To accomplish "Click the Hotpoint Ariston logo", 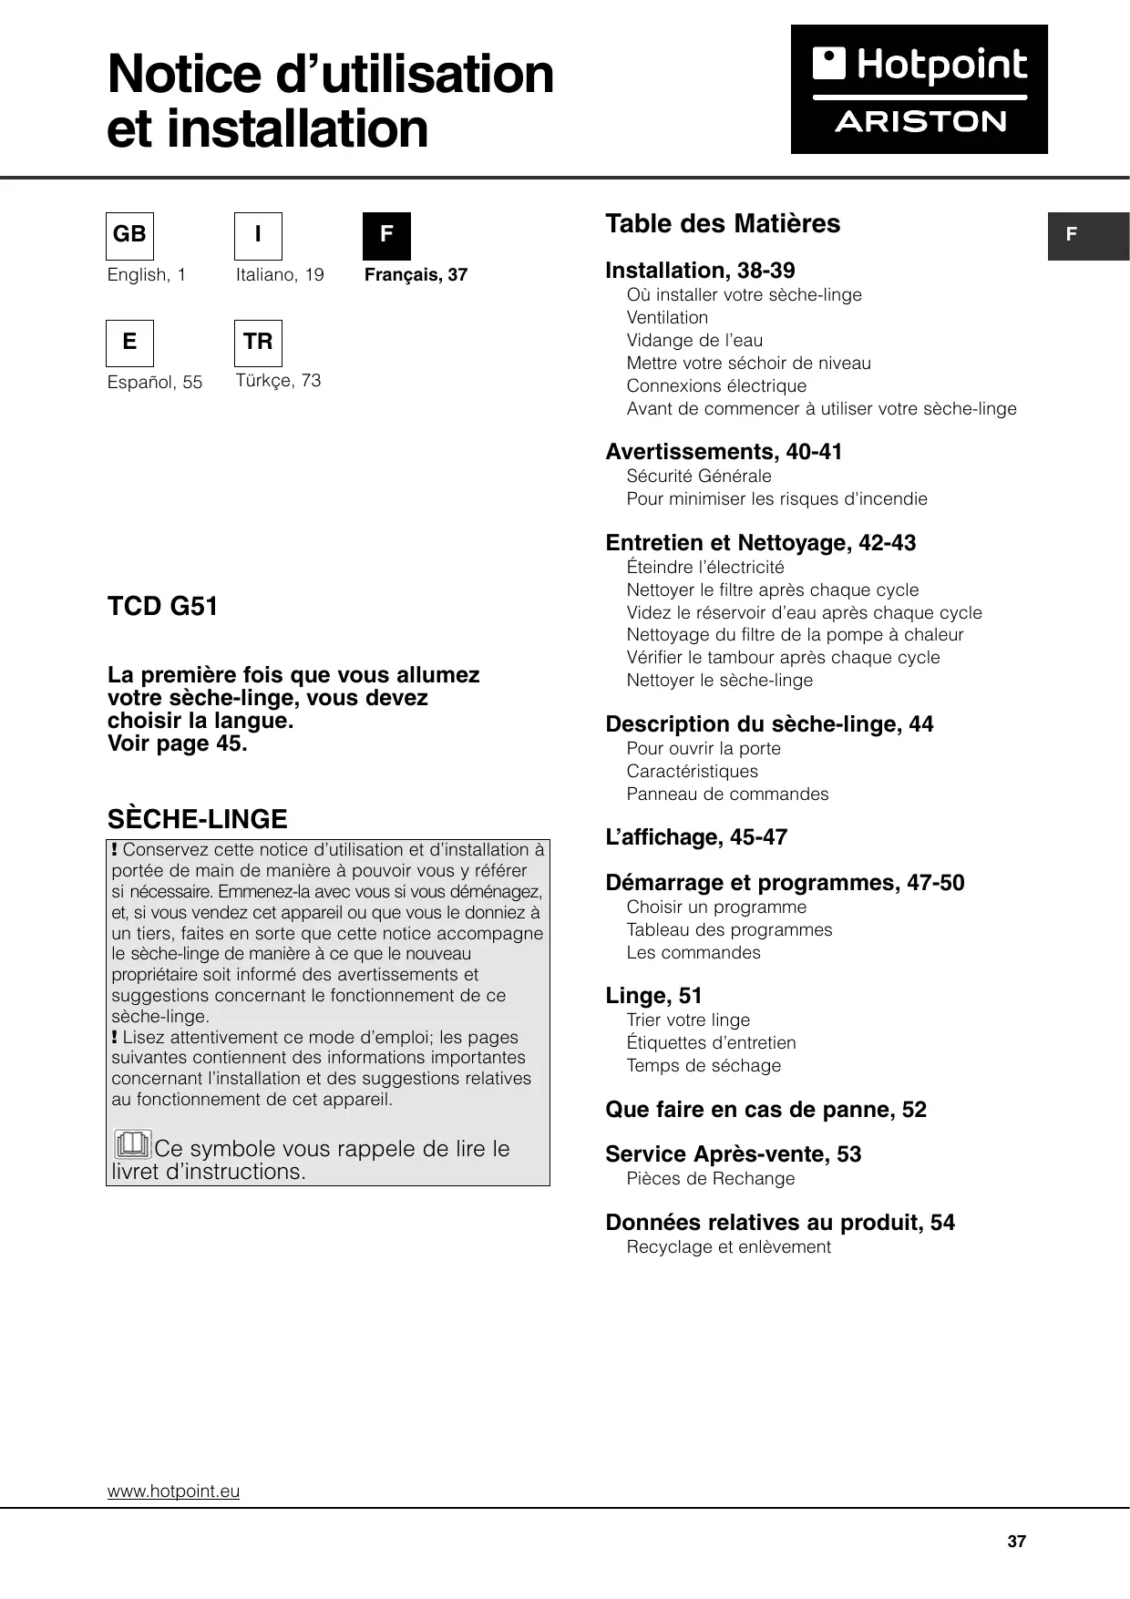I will [x=919, y=89].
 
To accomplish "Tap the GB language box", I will [x=129, y=236].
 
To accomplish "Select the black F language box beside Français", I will [x=386, y=236].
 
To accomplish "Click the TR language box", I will [x=258, y=343].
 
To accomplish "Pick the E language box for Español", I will [x=129, y=343].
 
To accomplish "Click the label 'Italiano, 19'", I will [x=280, y=275].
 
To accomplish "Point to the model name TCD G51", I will [x=163, y=607].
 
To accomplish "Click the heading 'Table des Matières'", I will [x=723, y=224].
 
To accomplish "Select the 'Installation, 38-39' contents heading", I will [x=700, y=271].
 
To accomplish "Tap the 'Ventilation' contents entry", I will [x=667, y=318].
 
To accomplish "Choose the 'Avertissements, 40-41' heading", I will [x=724, y=452].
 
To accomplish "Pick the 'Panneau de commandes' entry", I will [x=727, y=794].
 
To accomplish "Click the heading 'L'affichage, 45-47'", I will [x=696, y=837].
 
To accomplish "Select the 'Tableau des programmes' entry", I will [x=729, y=930].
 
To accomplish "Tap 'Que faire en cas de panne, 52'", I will [x=765, y=1110].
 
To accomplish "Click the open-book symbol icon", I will [x=132, y=1143].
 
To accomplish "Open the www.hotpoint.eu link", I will [x=173, y=1491].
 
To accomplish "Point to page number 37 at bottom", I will [x=1017, y=1542].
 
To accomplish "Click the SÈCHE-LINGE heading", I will [x=198, y=819].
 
